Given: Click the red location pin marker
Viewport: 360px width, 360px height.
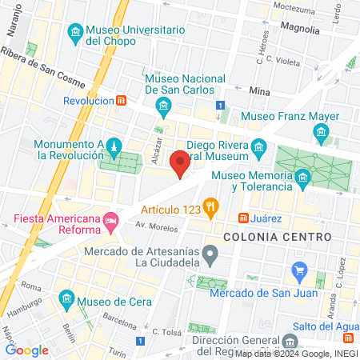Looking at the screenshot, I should click(x=181, y=163).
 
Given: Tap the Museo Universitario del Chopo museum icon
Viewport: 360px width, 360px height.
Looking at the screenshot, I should click(x=75, y=31).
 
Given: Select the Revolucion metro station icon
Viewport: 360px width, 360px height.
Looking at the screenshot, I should click(x=121, y=101).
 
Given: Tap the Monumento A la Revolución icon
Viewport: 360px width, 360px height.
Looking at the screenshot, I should click(x=114, y=146).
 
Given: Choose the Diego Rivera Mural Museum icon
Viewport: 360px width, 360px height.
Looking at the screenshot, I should click(x=258, y=146).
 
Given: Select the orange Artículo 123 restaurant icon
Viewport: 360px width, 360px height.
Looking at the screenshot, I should click(x=210, y=207).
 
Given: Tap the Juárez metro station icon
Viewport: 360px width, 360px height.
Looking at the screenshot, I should click(x=243, y=218).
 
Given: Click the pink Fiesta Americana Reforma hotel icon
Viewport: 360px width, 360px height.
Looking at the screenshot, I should click(x=111, y=219).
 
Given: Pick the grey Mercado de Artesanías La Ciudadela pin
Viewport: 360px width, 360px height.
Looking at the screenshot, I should click(x=210, y=256).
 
